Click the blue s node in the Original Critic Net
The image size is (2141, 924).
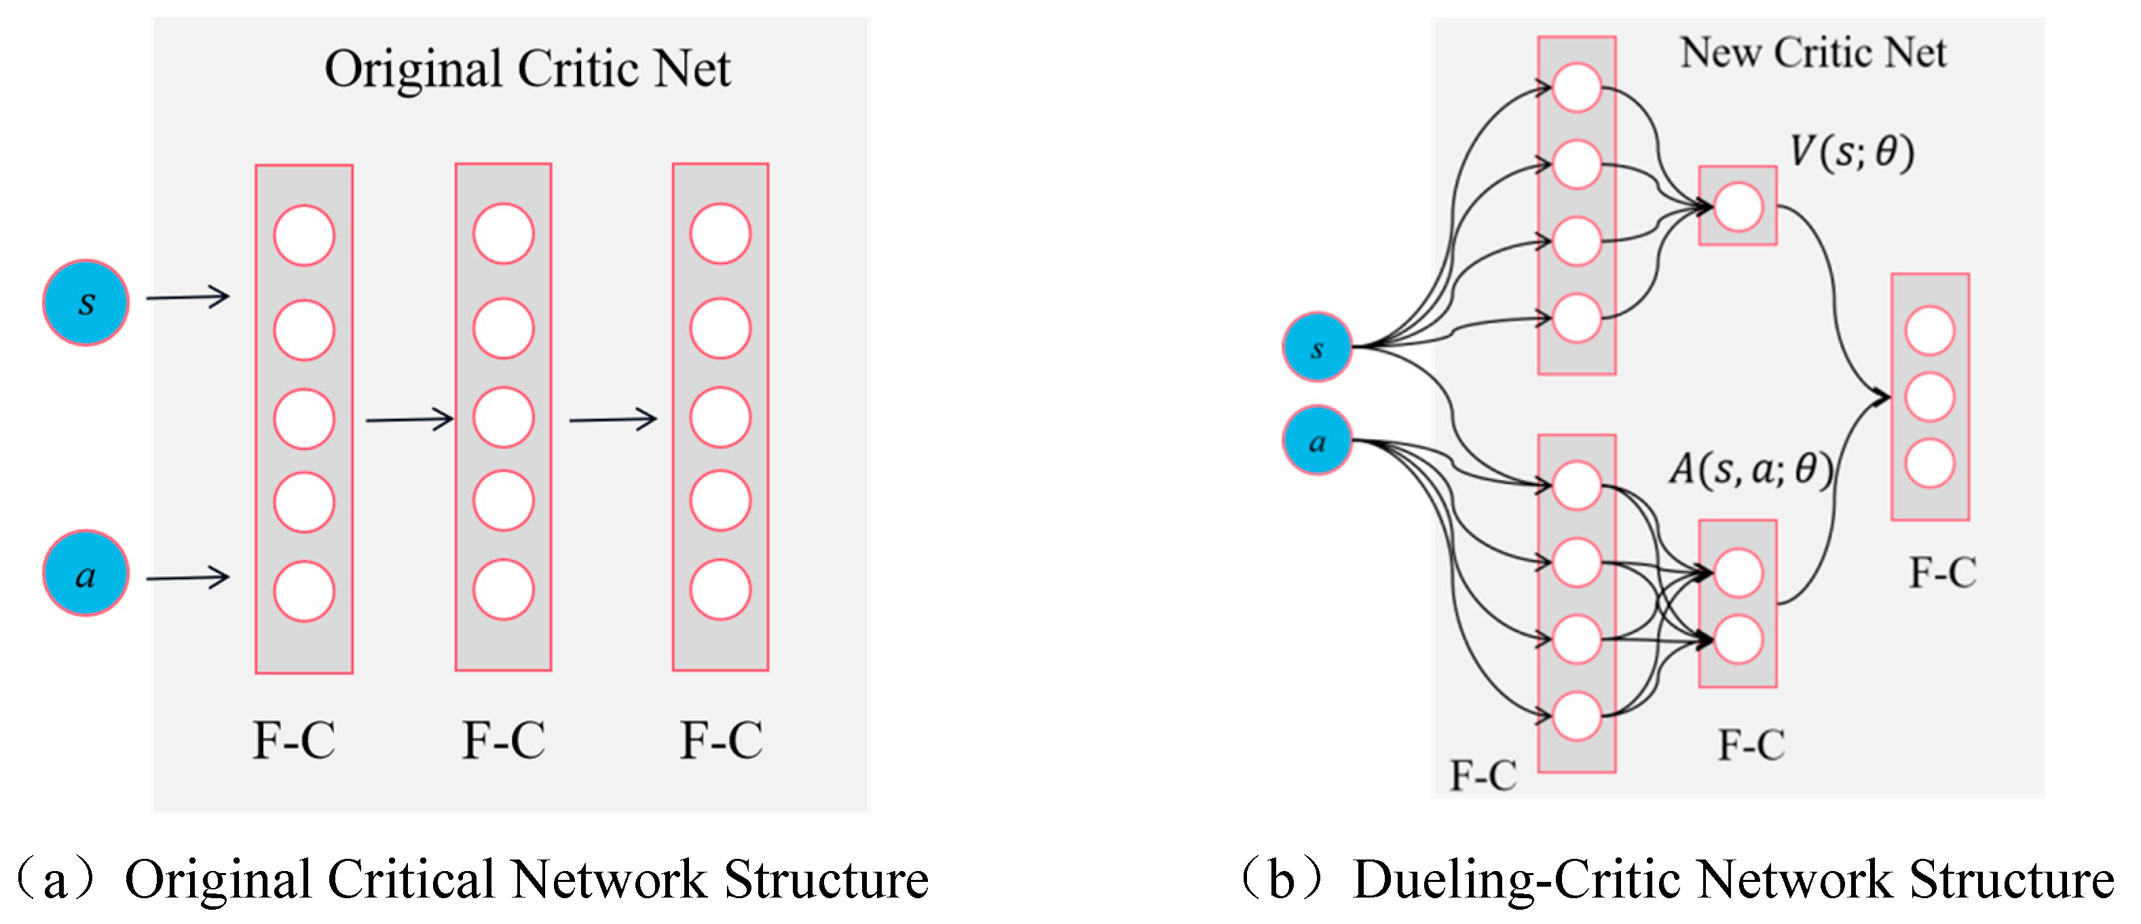coord(86,303)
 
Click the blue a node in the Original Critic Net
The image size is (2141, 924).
coord(86,574)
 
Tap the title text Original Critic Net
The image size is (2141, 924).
coord(527,69)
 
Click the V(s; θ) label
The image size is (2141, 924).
coord(1852,152)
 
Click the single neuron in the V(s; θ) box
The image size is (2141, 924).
coord(1738,207)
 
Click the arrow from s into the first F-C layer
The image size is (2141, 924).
coord(188,297)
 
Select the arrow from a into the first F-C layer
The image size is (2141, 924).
coord(188,578)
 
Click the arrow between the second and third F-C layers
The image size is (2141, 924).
coord(614,420)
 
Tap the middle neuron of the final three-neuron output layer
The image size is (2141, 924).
coord(1930,397)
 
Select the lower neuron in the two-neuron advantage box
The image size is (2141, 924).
coord(1738,640)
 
